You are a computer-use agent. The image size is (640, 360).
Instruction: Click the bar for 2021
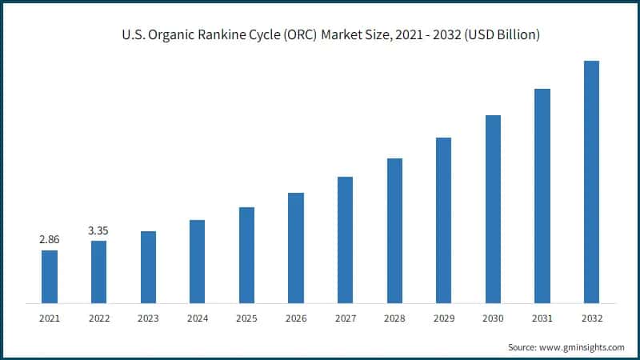point(50,277)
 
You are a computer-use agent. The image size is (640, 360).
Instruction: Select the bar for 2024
point(197,262)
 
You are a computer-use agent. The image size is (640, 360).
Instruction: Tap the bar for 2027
point(345,240)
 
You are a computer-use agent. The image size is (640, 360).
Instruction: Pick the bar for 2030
point(493,209)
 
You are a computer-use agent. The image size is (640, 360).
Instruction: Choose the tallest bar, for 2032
point(591,182)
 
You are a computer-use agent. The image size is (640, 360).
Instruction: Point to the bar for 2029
point(443,220)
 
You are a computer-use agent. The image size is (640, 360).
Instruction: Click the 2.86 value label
point(50,239)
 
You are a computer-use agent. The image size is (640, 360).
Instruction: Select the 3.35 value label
point(98,230)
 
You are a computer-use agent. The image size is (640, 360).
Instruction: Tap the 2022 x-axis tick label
point(98,318)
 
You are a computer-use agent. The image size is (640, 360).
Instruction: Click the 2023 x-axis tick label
point(148,318)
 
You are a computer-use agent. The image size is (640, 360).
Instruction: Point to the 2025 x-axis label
point(246,318)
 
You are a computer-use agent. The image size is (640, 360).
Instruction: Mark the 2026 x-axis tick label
point(296,318)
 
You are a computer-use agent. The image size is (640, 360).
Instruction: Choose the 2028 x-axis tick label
point(394,318)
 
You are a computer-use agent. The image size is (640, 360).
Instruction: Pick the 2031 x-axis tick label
point(542,318)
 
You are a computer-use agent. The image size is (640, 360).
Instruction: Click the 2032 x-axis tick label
point(591,318)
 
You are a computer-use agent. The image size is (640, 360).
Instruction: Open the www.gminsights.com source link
point(583,347)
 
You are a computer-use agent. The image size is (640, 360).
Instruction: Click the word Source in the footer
point(523,347)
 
